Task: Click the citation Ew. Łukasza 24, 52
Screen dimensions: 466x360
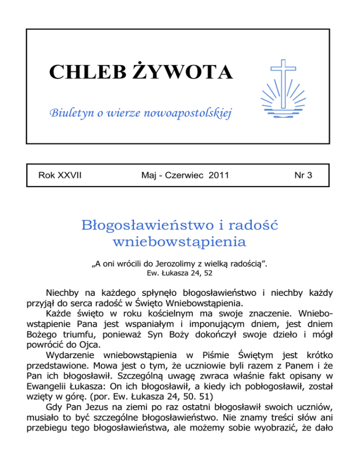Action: pos(180,271)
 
